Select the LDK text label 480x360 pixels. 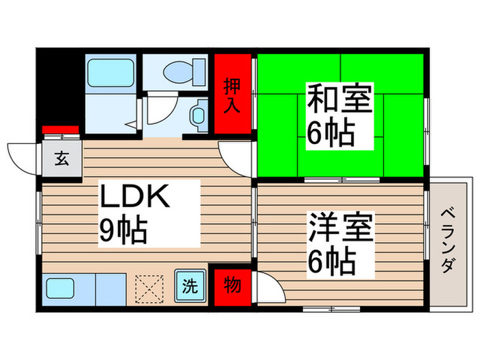point(135,197)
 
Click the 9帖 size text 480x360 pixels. point(124,231)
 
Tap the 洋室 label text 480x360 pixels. point(339,228)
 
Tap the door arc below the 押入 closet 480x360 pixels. point(237,156)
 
